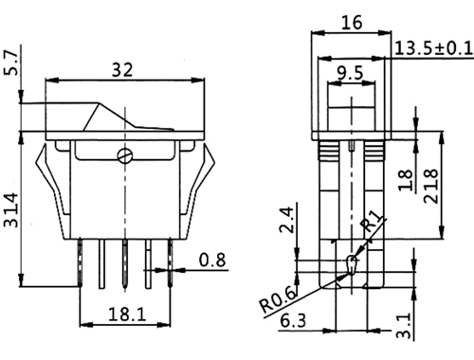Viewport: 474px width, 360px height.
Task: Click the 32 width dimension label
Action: coord(122,70)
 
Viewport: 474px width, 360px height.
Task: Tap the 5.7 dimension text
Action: coord(10,63)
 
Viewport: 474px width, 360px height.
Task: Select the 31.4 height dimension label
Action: coord(10,210)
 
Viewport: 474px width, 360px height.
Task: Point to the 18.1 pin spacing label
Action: coord(127,315)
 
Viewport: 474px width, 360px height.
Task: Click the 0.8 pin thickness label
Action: coord(212,260)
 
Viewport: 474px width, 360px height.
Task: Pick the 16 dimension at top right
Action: coord(352,23)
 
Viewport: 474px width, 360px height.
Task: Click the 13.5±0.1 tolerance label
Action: coord(434,48)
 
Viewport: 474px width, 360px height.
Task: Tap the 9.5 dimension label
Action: coord(350,73)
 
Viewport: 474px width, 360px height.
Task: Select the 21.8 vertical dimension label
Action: coord(430,186)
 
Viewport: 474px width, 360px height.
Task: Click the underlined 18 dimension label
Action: coord(406,180)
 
